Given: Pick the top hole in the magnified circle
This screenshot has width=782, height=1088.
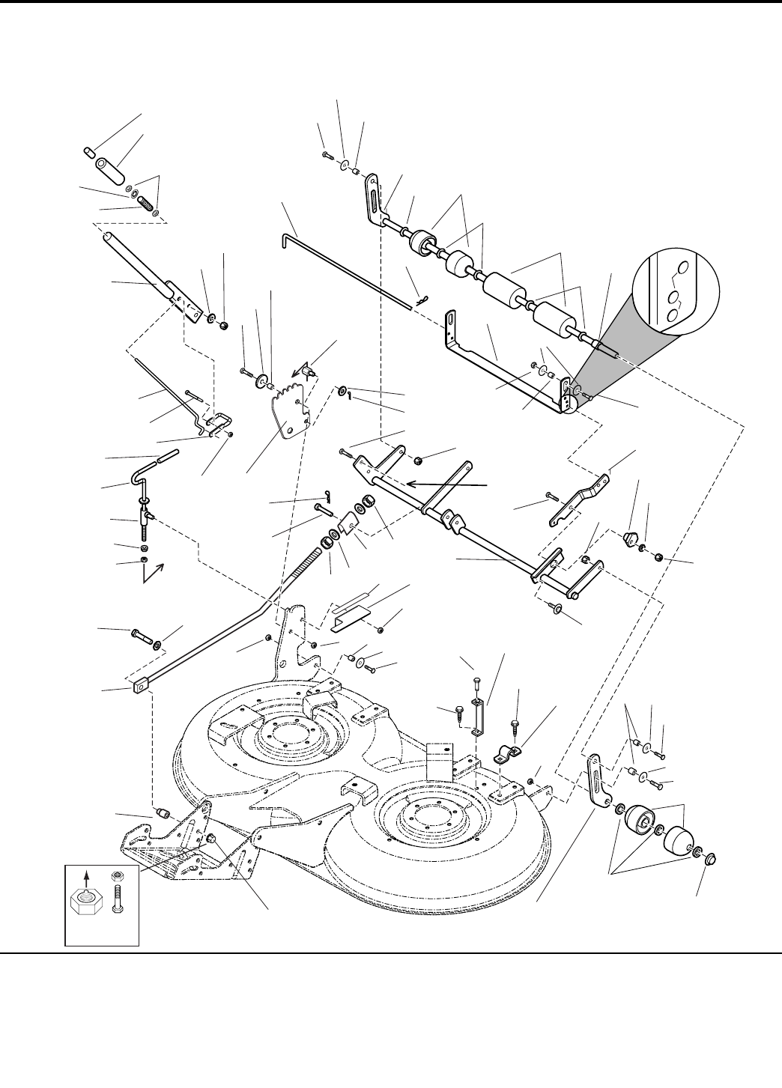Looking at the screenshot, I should (x=681, y=268).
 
